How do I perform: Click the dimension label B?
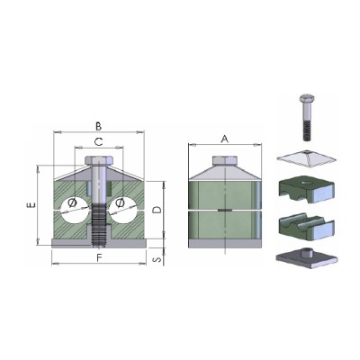(x=98, y=127)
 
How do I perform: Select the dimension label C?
(x=99, y=141)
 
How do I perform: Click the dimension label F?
(x=99, y=258)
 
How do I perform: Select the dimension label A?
(x=225, y=139)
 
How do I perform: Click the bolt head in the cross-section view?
(x=99, y=160)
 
